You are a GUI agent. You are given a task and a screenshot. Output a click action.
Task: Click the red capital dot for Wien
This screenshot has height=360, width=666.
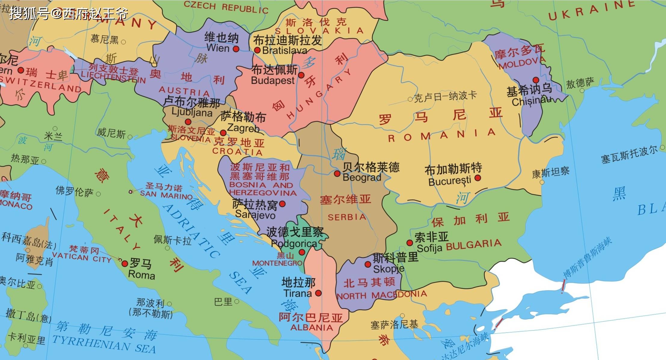click(236, 49)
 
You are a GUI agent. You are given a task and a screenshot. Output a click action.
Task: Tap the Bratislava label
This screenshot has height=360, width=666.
click(284, 50)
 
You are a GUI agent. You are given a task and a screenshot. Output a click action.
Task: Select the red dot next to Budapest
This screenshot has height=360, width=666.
click(301, 75)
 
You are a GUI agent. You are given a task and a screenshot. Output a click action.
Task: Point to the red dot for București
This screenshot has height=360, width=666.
click(477, 178)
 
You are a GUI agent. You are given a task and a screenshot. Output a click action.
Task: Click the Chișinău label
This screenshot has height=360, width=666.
click(531, 101)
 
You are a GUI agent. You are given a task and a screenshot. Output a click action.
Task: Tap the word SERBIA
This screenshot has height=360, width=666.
click(347, 217)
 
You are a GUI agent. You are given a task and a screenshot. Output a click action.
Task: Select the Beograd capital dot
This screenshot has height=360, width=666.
click(337, 173)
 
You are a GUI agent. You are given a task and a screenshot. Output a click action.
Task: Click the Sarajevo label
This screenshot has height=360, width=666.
click(255, 215)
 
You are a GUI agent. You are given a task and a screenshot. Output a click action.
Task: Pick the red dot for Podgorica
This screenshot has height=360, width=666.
click(302, 252)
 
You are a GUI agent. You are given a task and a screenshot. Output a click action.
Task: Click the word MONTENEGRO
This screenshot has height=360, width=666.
click(277, 263)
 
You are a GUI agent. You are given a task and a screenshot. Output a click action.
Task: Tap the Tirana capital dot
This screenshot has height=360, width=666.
click(318, 293)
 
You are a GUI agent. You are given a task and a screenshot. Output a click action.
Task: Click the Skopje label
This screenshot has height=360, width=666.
click(388, 268)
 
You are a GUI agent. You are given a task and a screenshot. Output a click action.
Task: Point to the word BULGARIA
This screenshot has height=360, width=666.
click(474, 245)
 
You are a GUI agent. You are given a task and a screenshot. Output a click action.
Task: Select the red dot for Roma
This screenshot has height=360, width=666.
click(124, 264)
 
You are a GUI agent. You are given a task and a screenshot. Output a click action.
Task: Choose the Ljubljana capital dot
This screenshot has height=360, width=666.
click(188, 122)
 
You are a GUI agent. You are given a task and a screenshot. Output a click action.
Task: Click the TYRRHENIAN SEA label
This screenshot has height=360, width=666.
click(104, 344)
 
